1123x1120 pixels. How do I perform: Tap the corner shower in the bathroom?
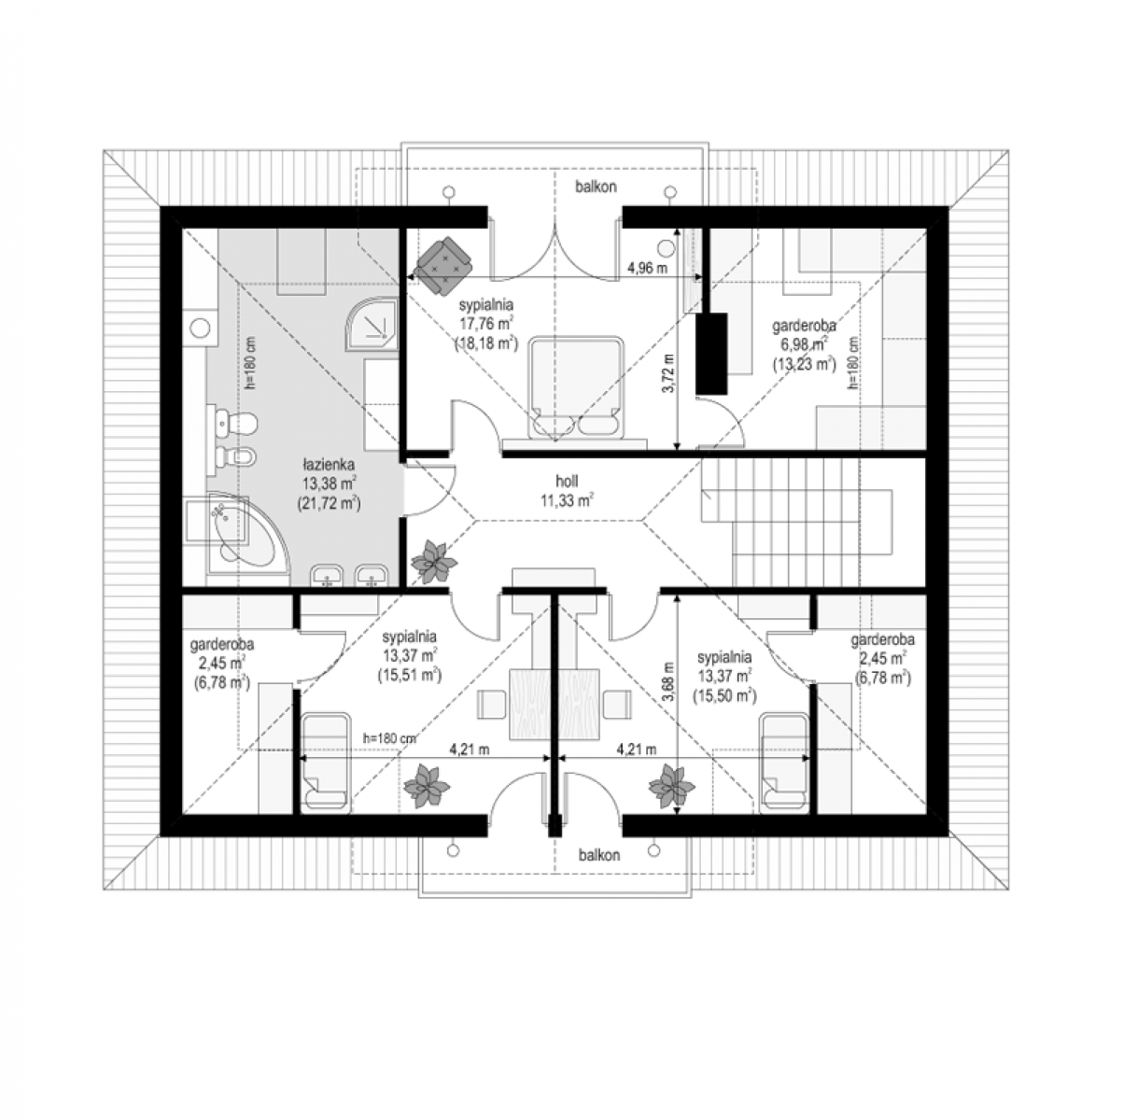(372, 324)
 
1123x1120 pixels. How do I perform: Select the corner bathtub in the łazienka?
(245, 534)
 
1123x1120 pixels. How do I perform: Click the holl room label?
(567, 482)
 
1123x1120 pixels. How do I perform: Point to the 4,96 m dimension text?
(647, 269)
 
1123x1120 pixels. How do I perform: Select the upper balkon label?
(597, 187)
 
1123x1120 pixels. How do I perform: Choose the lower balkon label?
(599, 855)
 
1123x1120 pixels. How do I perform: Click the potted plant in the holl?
(433, 562)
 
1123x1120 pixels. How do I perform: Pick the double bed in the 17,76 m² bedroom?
(575, 387)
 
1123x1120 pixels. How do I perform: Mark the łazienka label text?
(329, 465)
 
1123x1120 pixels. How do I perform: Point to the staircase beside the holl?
(796, 522)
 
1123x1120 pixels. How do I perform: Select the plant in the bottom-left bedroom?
(428, 787)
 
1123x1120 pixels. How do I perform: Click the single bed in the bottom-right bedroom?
(784, 763)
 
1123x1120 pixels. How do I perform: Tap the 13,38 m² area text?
(330, 483)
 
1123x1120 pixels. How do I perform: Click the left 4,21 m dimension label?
(469, 749)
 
